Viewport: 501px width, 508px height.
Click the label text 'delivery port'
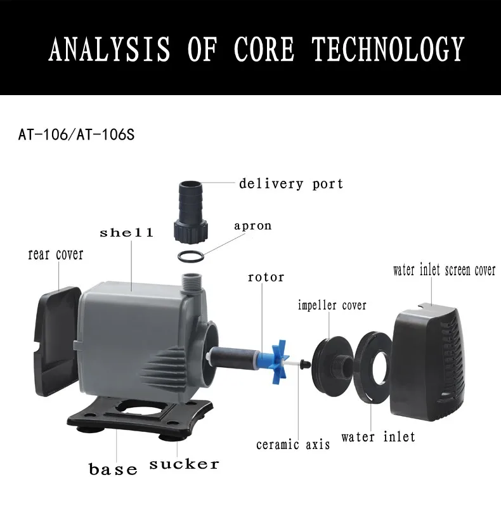(x=291, y=184)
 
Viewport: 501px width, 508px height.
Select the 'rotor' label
(x=266, y=277)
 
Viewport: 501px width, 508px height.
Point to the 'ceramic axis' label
(x=293, y=444)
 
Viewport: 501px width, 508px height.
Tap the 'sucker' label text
(x=184, y=465)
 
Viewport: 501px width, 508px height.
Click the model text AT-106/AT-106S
(x=76, y=135)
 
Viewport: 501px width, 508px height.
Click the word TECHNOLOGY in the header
(x=388, y=49)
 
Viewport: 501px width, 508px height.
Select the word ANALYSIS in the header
(x=110, y=49)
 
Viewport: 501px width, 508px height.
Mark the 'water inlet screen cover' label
(x=445, y=270)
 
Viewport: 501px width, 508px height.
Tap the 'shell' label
(x=126, y=233)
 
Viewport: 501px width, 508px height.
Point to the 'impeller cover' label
(x=332, y=305)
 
